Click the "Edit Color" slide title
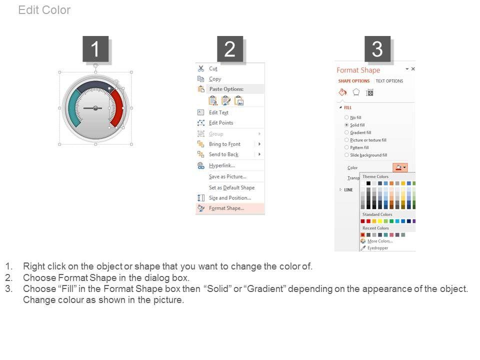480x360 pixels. click(x=44, y=10)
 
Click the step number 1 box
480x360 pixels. click(x=95, y=49)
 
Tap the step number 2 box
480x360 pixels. click(x=230, y=49)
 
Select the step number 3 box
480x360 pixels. click(x=377, y=49)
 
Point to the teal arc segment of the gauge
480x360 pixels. click(x=73, y=108)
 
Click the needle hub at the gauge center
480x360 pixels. click(x=95, y=108)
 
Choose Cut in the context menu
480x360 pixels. click(x=213, y=68)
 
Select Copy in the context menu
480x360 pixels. click(x=215, y=79)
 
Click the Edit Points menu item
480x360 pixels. click(x=220, y=123)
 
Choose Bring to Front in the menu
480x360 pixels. click(x=224, y=144)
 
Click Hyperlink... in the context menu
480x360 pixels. click(x=221, y=165)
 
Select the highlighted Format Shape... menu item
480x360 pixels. click(x=226, y=208)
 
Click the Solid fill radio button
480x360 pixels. click(x=346, y=125)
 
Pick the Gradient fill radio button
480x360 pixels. click(x=346, y=132)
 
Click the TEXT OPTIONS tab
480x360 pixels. click(x=389, y=81)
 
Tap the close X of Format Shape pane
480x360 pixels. click(x=413, y=69)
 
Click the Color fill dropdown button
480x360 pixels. click(x=400, y=167)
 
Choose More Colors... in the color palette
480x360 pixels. click(x=380, y=241)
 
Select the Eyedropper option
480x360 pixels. click(x=377, y=248)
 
